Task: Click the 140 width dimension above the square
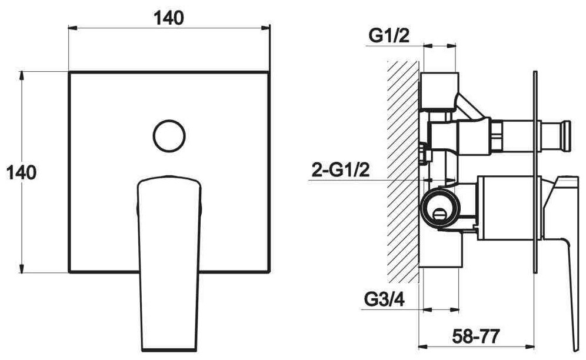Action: point(169,18)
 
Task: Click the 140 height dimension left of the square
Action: point(22,173)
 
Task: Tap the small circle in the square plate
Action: point(169,136)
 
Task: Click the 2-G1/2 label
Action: point(341,170)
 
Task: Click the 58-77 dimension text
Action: point(476,336)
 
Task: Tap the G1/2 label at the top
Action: point(389,36)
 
